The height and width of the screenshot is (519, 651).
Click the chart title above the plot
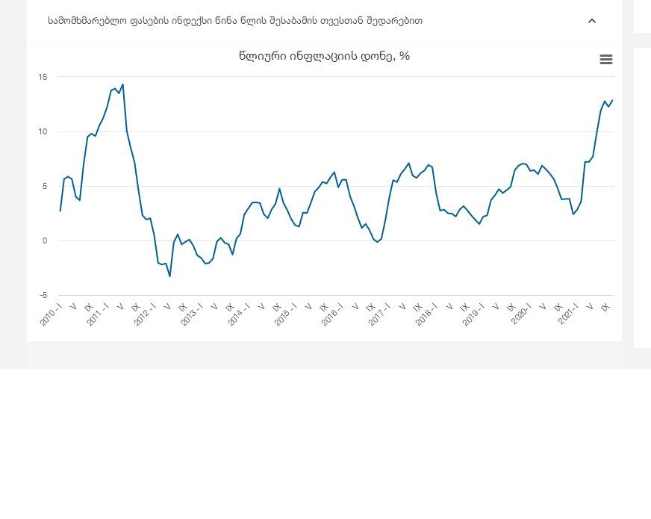[x=324, y=56]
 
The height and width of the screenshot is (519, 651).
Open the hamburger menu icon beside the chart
[x=606, y=60]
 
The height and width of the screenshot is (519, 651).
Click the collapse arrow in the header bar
[x=592, y=21]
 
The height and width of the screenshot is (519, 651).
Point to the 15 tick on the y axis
[x=43, y=77]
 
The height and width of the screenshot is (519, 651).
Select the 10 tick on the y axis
[x=43, y=131]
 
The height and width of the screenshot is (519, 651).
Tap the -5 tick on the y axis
[x=43, y=296]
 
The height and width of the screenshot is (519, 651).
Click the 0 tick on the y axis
[x=45, y=241]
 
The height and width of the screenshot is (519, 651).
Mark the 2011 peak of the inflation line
[x=122, y=84]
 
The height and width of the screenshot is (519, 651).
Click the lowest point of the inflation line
[x=169, y=276]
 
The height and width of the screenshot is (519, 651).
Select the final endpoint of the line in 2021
[x=612, y=100]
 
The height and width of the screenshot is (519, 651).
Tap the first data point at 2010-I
[x=60, y=211]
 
